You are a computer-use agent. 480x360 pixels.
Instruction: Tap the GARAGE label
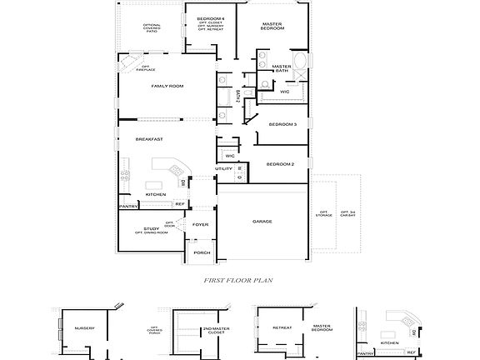pos(263,222)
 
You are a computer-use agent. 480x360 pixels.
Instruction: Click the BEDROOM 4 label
pos(211,18)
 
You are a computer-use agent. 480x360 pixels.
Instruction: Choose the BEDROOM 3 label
pos(282,124)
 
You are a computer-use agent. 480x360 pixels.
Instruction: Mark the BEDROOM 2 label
pos(280,164)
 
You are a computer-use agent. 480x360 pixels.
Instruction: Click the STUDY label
pos(151,228)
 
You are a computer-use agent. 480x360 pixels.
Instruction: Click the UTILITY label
pos(223,169)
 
